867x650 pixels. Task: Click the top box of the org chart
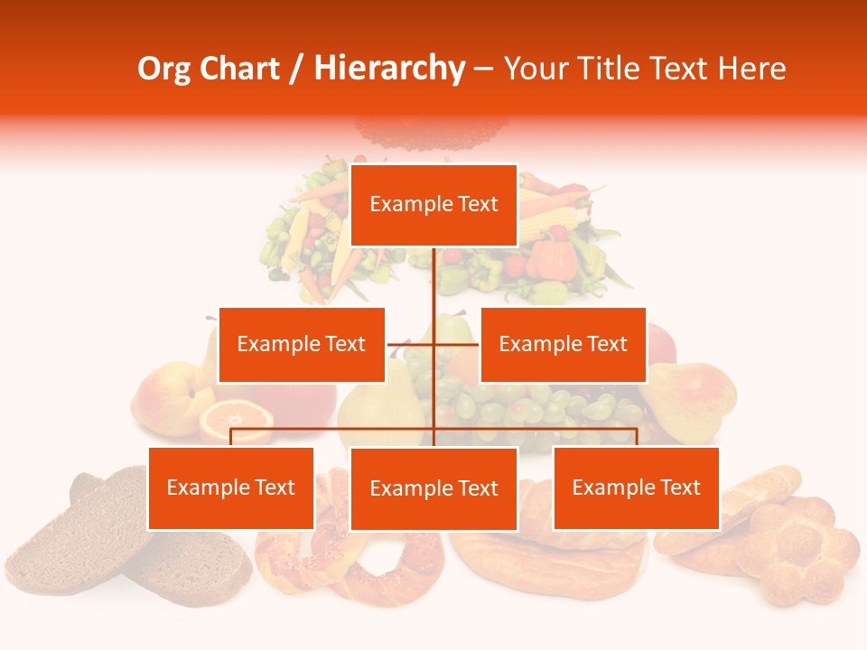433,205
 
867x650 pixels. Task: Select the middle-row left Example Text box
302,344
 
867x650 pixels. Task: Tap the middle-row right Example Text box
563,344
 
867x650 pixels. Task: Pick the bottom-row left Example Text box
231,487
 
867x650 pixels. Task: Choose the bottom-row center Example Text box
433,488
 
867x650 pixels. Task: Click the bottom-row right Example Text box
636,487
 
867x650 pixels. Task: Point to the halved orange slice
236,419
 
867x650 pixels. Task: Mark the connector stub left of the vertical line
410,344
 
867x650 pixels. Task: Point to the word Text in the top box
477,204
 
